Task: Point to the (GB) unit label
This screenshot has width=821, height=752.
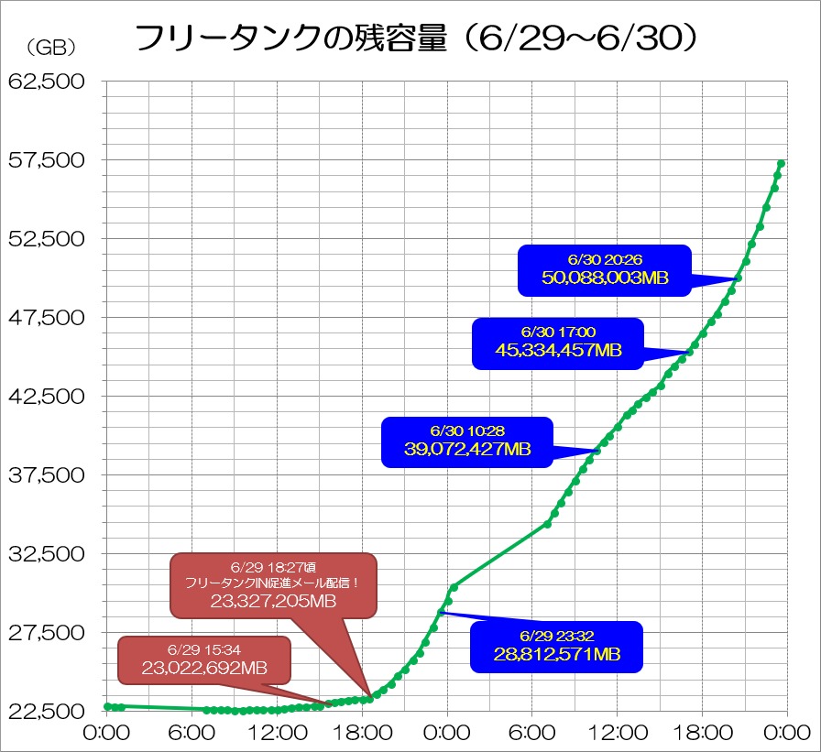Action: (51, 47)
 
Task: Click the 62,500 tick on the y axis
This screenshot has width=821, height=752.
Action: (46, 82)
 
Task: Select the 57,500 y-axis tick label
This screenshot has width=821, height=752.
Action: (46, 161)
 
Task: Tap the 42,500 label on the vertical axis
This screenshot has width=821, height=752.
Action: (46, 398)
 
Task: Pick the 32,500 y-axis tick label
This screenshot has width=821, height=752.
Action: (46, 555)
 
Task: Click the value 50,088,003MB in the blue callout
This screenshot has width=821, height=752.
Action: (605, 278)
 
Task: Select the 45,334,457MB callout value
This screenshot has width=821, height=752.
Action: (559, 350)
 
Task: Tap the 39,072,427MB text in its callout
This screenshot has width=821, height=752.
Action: (467, 449)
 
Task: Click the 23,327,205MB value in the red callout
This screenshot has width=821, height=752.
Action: (273, 601)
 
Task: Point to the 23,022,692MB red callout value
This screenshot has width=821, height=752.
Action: (204, 668)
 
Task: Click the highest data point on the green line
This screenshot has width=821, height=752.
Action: (781, 164)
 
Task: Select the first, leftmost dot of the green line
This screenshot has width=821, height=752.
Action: (108, 706)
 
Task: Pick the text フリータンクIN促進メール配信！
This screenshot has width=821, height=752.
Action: (272, 583)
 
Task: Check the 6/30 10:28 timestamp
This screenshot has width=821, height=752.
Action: (466, 430)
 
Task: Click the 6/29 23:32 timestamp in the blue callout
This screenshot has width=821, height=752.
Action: (556, 635)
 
